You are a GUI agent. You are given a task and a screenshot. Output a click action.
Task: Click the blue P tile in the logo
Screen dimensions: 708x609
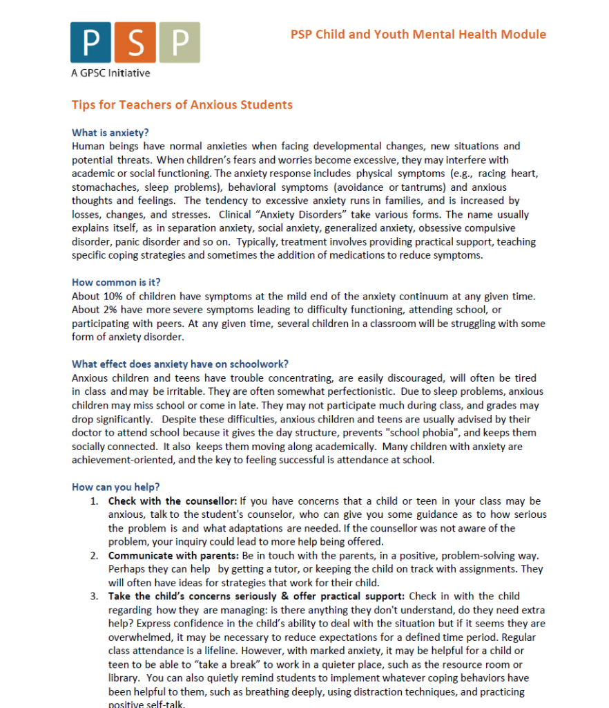pos(90,43)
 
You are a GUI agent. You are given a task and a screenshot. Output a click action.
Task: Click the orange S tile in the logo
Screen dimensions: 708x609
pos(135,43)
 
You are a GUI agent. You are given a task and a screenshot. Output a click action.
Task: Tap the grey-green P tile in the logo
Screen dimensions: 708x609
pos(180,43)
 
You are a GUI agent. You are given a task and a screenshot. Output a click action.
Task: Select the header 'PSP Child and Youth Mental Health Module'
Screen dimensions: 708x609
pos(418,35)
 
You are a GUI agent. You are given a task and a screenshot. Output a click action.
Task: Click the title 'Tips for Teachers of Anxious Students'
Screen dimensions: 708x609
pos(182,105)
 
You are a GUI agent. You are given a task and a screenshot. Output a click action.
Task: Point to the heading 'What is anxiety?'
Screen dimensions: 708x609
pos(110,133)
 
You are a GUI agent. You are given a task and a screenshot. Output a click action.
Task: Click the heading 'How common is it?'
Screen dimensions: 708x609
pos(116,282)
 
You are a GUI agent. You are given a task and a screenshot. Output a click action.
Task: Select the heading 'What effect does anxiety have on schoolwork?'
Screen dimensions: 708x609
pos(180,364)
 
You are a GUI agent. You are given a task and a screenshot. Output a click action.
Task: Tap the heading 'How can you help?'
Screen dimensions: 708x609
pos(115,487)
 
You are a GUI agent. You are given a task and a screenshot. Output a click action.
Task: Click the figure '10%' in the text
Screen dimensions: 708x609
pos(114,296)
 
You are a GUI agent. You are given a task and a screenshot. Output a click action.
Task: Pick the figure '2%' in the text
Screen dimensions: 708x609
pos(110,310)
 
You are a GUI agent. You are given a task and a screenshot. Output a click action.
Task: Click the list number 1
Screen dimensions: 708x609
pos(94,501)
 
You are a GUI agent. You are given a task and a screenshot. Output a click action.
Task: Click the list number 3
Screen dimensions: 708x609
pos(94,596)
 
